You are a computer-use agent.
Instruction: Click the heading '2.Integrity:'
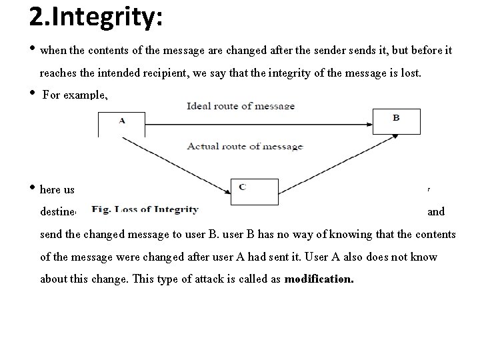click(96, 17)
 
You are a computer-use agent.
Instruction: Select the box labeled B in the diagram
click(396, 121)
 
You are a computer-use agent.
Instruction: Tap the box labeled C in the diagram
click(253, 191)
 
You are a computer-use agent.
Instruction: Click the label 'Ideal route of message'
click(241, 106)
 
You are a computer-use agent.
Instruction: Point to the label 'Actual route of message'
click(245, 146)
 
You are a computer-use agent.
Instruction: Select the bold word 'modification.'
click(319, 279)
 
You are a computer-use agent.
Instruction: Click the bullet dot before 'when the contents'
click(33, 49)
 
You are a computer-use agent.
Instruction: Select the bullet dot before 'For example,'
click(33, 93)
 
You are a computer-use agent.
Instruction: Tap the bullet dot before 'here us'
click(33, 189)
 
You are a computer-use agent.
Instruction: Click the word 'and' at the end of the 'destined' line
click(436, 213)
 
